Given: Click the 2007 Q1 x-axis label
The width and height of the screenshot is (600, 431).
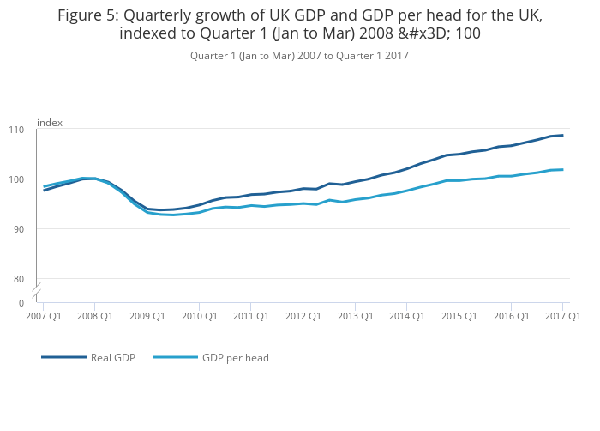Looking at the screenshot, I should [x=44, y=316].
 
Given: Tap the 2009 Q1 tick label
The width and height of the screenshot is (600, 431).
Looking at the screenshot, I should [x=147, y=316].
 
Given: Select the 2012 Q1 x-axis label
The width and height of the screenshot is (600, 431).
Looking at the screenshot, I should [x=303, y=316].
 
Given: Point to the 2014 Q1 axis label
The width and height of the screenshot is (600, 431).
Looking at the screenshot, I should [x=406, y=316].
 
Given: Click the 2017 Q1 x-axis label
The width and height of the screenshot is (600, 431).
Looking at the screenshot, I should [x=562, y=316].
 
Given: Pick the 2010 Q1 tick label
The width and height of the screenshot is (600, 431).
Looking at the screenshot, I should [x=199, y=316].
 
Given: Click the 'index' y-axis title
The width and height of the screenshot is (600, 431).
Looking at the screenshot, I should [x=50, y=123].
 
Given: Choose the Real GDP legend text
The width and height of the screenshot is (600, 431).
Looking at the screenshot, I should [x=112, y=357].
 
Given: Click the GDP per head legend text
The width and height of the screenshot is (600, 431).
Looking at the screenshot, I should [x=236, y=357].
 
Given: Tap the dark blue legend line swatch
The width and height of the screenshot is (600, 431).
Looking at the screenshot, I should [x=63, y=357].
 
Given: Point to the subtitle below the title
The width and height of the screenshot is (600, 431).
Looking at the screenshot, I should [x=299, y=56].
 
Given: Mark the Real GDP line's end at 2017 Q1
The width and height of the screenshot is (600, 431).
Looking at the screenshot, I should [x=562, y=135].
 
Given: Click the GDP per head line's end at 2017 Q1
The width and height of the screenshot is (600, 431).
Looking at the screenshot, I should [x=562, y=169].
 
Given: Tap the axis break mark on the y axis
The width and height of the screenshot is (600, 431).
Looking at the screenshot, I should [x=37, y=291].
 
